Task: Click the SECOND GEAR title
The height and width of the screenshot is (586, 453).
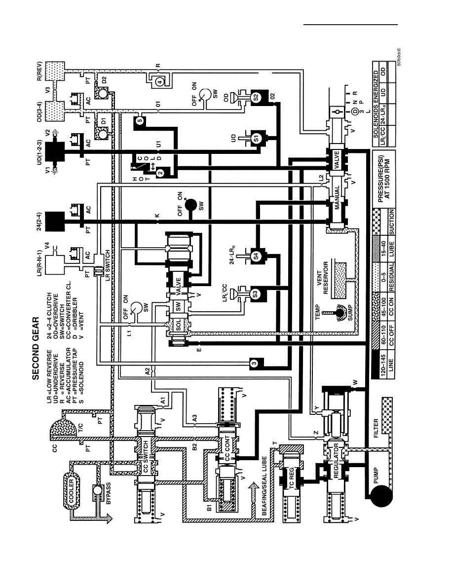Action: pyautogui.click(x=36, y=348)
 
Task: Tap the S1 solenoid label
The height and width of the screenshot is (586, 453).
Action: pyautogui.click(x=256, y=138)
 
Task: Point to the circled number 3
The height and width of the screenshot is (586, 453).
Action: pyautogui.click(x=254, y=363)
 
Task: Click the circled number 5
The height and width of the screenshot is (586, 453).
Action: pyautogui.click(x=139, y=120)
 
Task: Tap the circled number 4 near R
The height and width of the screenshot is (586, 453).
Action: pyautogui.click(x=159, y=82)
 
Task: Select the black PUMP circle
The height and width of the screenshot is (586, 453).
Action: pyautogui.click(x=381, y=496)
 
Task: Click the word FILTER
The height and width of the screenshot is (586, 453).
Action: pyautogui.click(x=377, y=428)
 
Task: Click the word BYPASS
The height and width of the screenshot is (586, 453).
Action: pyautogui.click(x=109, y=493)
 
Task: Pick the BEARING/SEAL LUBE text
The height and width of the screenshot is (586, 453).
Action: pyautogui.click(x=264, y=485)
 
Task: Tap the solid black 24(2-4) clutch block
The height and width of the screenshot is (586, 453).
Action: pyautogui.click(x=55, y=221)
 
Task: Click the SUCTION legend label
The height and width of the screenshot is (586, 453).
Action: pyautogui.click(x=391, y=222)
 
